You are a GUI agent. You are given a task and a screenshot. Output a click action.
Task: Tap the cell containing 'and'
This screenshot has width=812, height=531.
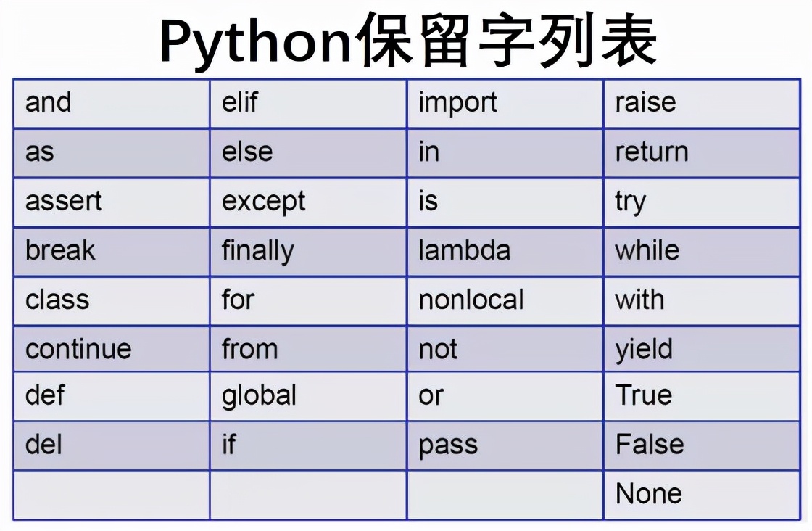[x=49, y=103]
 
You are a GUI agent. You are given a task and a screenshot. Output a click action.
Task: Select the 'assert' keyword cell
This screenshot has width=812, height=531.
[x=64, y=201]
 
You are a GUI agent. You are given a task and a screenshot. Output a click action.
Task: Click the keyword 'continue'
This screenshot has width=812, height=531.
[x=78, y=349]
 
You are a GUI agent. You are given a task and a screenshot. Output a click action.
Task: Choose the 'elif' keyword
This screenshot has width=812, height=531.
[x=240, y=103]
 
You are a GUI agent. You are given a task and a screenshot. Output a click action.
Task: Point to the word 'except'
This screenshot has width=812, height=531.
[x=264, y=202]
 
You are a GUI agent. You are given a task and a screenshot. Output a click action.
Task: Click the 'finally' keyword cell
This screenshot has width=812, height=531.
[x=258, y=251]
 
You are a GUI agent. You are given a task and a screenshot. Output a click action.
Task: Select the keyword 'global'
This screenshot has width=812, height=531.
[x=260, y=395]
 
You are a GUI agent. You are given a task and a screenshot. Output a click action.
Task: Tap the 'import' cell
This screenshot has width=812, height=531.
[x=458, y=103]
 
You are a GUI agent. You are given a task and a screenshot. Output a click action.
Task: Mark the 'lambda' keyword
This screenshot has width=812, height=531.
[x=465, y=250]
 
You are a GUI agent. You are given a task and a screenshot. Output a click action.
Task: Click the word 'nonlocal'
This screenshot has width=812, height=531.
[x=471, y=300]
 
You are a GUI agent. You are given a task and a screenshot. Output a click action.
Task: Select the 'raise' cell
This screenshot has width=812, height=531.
[x=646, y=103]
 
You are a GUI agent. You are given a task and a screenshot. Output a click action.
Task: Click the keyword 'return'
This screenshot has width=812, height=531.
[x=652, y=152]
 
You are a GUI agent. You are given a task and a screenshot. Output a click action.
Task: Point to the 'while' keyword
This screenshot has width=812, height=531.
[x=647, y=250]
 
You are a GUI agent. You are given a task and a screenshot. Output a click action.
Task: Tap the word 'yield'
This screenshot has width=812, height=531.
[x=645, y=350]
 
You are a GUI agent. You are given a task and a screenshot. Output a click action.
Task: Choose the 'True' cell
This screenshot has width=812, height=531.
[x=644, y=395]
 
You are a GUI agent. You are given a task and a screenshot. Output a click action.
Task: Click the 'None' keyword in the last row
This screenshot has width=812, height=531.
[x=649, y=494]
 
